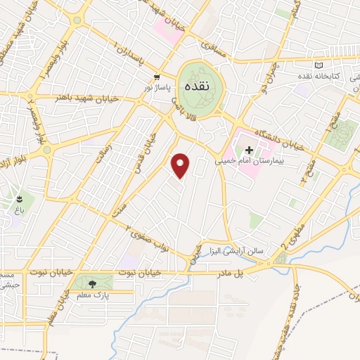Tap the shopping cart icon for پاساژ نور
(156, 77)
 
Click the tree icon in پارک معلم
(92, 284)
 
